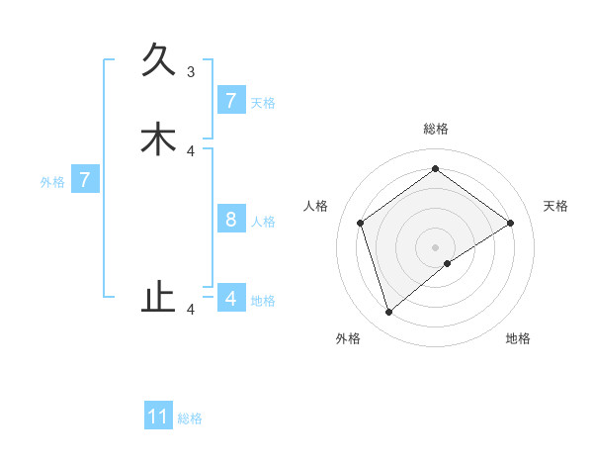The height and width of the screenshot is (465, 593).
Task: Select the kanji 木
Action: pos(158,139)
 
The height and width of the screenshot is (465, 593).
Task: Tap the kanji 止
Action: pos(158,297)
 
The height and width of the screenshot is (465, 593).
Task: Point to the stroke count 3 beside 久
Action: pos(191,71)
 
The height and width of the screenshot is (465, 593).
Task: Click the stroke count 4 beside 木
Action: pos(191,150)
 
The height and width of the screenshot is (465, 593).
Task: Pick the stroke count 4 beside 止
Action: pos(191,310)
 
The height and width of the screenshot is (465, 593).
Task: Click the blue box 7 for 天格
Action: pos(231,101)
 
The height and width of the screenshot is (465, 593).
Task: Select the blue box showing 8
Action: pos(231,220)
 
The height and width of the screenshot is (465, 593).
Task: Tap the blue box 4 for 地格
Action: pos(231,298)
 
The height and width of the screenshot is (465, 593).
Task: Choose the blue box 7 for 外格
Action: pos(85,180)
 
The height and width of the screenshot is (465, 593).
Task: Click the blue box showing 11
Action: pos(158,417)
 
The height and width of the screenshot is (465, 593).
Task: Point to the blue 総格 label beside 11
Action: pos(190,418)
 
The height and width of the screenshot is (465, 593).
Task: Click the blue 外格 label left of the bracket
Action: pos(52,182)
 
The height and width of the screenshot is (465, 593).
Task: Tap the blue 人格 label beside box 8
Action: pos(263,222)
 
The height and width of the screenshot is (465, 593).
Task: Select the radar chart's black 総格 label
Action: pos(436,129)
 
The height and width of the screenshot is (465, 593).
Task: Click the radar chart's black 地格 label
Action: pos(518,338)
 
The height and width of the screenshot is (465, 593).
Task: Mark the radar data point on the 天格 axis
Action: pos(510,223)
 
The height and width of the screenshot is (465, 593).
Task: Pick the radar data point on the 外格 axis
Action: pos(389,313)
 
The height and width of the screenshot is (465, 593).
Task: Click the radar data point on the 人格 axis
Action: pos(361,223)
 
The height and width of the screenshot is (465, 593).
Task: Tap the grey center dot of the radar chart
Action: pos(436,246)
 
